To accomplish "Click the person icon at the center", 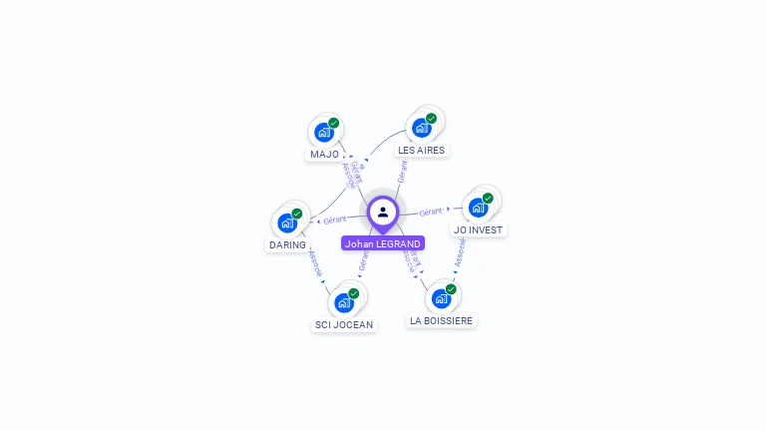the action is point(383,212).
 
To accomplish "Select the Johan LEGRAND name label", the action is point(383,243).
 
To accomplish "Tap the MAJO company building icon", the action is point(323,133).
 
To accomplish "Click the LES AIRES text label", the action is point(421,151).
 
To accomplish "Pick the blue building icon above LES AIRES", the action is point(421,128).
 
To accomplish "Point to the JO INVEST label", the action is point(478,229).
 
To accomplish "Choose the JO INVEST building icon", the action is point(478,208).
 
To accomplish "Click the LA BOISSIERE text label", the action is point(442,320).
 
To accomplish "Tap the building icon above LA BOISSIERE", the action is point(441,298).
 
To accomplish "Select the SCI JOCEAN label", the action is point(344,324).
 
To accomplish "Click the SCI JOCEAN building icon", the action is point(344,302).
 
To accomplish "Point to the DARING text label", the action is point(287,244).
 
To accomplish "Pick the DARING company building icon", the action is point(287,222).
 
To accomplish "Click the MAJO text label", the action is point(324,155).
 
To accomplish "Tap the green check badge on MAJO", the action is point(334,123).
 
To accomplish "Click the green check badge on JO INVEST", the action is point(488,198).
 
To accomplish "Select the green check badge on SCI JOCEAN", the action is point(354,293).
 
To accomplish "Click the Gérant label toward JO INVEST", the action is point(431,212).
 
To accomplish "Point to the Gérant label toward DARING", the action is point(335,218).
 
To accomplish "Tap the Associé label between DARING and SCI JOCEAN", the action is point(316,264).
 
